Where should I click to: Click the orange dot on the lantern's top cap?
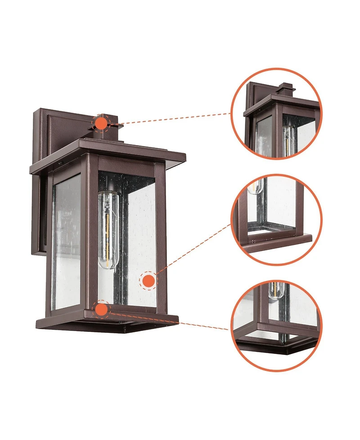[x=101, y=122]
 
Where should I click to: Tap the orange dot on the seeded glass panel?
[x=148, y=281]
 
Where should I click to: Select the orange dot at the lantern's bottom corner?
[x=102, y=309]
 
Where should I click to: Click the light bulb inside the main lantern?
[x=108, y=230]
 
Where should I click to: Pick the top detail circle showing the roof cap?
[x=276, y=114]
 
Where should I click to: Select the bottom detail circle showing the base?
[x=276, y=325]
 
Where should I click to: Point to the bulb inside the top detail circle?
[x=288, y=135]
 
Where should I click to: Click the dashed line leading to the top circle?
[x=175, y=118]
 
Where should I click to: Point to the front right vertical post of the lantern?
[x=161, y=239]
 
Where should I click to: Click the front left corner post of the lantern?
[x=93, y=234]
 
